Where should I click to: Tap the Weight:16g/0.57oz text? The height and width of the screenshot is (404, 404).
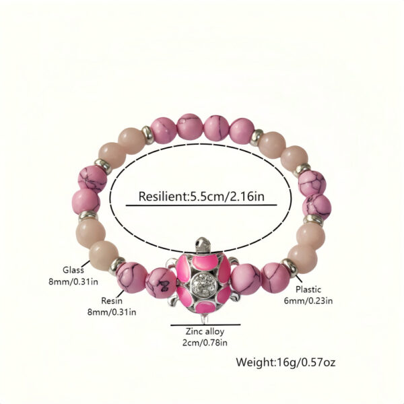tap(285, 363)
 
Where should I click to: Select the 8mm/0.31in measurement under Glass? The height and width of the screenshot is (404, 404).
tap(75, 281)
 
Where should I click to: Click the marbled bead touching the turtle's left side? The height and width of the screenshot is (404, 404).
tap(162, 282)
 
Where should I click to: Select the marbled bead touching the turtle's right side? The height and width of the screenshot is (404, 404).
tap(246, 278)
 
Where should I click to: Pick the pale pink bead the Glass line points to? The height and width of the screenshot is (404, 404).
tap(96, 258)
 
